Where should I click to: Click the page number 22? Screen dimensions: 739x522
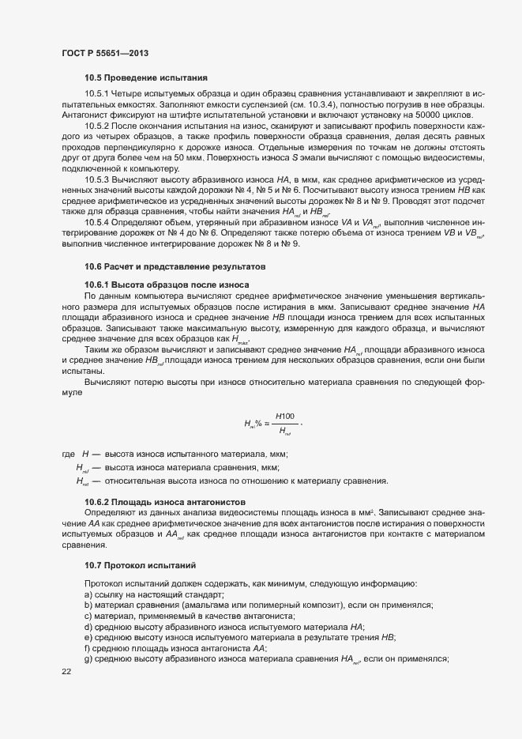[66, 671]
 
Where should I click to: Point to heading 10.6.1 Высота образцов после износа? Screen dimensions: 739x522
[167, 284]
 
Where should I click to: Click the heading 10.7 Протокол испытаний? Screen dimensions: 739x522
[141, 565]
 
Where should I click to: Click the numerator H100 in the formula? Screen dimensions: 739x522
[285, 416]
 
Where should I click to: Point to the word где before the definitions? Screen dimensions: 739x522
[69, 454]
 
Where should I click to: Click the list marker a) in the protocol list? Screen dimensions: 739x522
[88, 594]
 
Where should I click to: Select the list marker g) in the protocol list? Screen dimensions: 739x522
[88, 659]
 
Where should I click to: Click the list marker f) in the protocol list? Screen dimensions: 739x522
[88, 648]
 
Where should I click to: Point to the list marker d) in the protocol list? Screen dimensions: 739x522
[88, 626]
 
